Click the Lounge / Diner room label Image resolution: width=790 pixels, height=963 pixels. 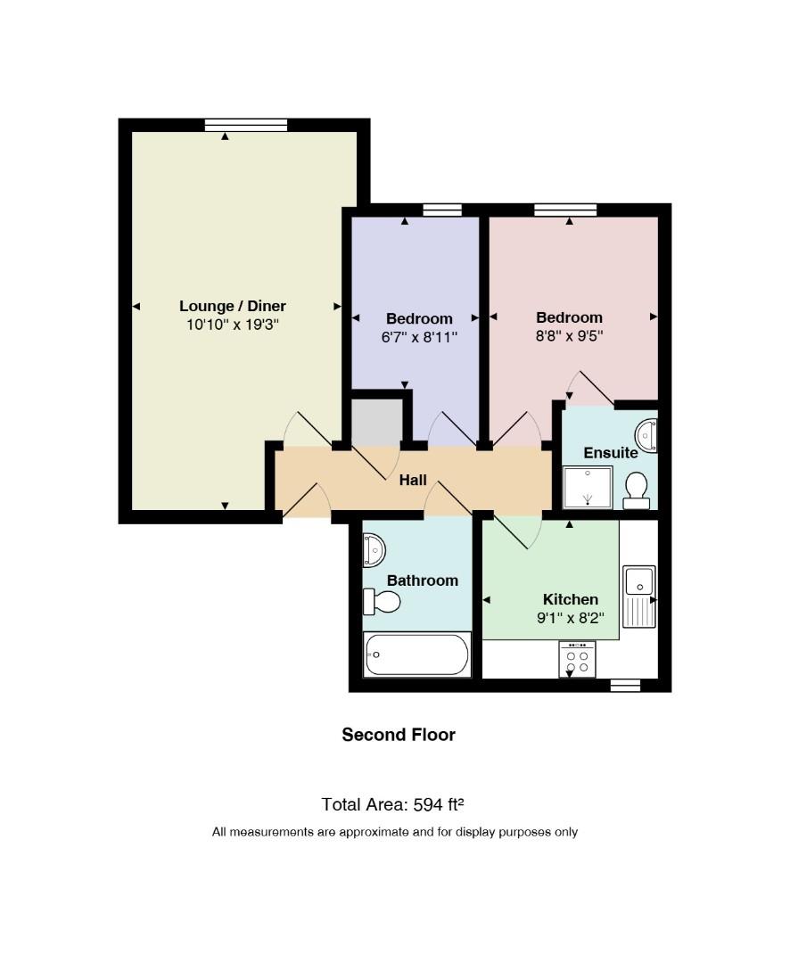[x=232, y=306]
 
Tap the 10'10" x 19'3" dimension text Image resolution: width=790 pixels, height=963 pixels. [x=233, y=325]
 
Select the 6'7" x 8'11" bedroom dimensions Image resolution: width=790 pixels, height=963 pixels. [x=420, y=336]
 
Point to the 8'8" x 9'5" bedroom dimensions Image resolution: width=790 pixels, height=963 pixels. [x=570, y=336]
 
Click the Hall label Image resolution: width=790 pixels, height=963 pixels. [x=413, y=480]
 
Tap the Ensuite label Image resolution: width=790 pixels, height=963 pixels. [x=611, y=453]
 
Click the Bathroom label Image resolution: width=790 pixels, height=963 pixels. [x=423, y=580]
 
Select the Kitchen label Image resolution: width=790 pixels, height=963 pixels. [x=570, y=599]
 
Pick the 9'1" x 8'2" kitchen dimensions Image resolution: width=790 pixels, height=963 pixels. [x=570, y=618]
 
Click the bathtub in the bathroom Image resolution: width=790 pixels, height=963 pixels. [x=417, y=654]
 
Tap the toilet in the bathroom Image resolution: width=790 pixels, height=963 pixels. [x=382, y=601]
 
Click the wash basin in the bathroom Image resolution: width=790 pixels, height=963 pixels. [x=374, y=550]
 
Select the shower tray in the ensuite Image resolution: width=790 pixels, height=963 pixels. [x=588, y=488]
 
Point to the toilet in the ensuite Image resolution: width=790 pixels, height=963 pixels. [x=637, y=490]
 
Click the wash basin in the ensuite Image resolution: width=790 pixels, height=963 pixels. [x=646, y=435]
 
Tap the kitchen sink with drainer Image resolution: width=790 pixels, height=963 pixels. [x=639, y=597]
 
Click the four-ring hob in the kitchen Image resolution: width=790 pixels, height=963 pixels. [x=577, y=659]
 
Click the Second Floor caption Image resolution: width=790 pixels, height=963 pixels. [x=399, y=735]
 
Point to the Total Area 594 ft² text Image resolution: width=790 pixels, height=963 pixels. [x=392, y=804]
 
